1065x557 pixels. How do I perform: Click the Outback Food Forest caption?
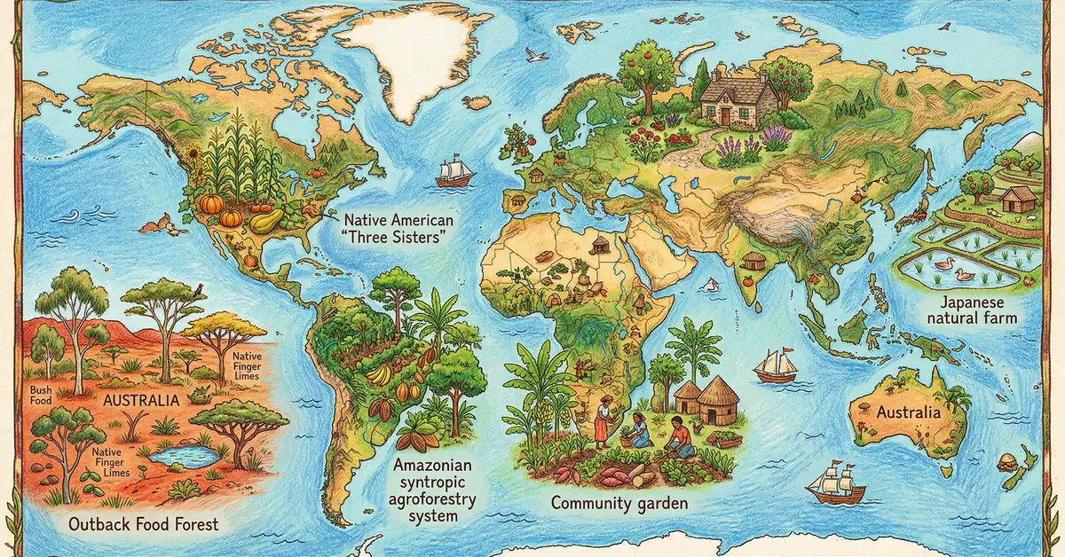143,523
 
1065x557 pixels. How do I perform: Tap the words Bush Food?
42,396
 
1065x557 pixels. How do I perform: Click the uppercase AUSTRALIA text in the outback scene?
142,400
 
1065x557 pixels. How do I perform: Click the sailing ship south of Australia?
836,484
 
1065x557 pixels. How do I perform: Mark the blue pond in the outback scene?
185,457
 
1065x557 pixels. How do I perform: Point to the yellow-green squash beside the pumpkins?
265,221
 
